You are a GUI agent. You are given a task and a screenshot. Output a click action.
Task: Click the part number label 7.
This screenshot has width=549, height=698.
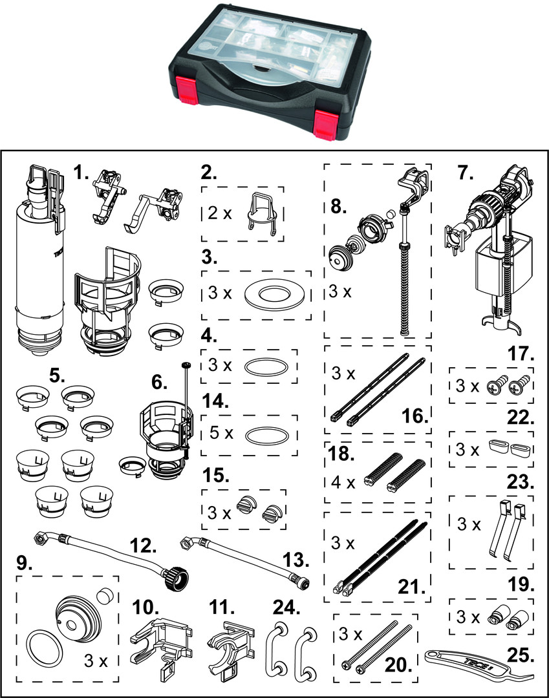[x=466, y=173]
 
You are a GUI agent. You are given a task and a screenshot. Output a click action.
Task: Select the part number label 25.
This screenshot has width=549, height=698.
[x=520, y=655]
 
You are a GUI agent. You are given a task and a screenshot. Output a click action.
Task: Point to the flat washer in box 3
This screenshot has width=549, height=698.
[x=276, y=295]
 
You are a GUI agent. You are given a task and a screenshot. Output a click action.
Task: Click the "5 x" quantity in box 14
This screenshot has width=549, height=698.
[x=221, y=432]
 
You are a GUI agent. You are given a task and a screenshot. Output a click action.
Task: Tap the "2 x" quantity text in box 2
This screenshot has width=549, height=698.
[x=220, y=213]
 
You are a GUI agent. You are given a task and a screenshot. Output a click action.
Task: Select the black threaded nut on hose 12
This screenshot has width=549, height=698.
[x=176, y=577]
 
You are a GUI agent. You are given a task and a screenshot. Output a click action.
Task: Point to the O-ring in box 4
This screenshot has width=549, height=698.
[x=266, y=367]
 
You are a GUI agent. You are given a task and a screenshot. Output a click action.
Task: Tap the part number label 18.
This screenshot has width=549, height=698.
[x=341, y=454]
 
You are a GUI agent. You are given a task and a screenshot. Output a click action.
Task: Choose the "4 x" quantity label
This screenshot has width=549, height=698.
[x=343, y=482]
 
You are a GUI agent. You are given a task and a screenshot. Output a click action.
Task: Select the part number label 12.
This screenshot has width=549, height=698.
[x=143, y=545]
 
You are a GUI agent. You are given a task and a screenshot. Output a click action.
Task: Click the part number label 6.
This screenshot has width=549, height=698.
[x=160, y=381]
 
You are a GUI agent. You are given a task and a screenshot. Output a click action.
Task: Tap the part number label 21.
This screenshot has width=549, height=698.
[x=409, y=587]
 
